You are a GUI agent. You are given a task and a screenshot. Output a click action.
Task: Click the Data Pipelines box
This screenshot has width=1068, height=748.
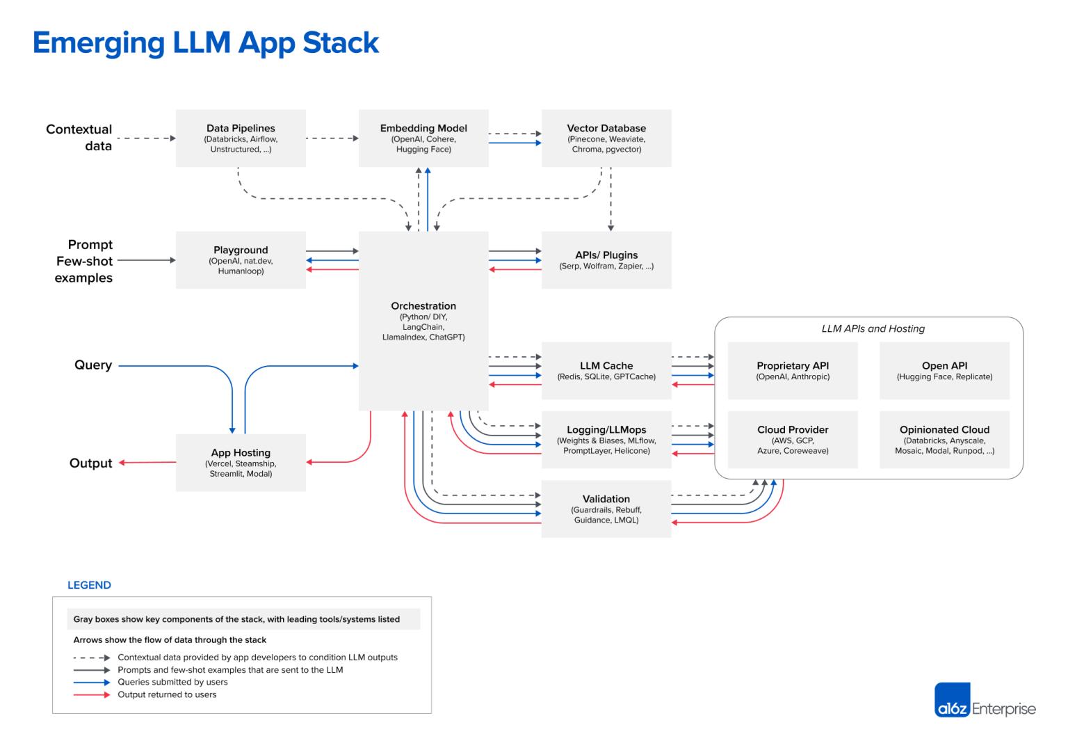[x=241, y=138]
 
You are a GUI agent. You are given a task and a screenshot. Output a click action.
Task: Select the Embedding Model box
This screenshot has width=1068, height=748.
[x=423, y=138]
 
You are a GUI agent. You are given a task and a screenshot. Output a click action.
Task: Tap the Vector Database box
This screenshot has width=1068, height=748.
[x=606, y=138]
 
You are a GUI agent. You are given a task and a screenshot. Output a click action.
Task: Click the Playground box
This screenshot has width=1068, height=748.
[x=241, y=260]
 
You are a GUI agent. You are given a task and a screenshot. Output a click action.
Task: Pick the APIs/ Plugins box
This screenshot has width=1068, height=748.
[x=606, y=260]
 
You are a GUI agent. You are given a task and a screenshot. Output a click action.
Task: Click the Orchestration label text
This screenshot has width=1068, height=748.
[x=423, y=306]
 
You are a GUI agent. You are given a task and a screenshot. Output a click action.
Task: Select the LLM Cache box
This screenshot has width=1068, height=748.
[x=606, y=370]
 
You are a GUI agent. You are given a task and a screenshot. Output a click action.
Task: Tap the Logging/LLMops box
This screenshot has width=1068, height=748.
[x=606, y=440]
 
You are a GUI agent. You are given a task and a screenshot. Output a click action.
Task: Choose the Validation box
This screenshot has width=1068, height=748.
[x=606, y=509]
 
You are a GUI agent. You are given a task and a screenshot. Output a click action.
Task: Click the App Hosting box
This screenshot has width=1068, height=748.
[x=241, y=463]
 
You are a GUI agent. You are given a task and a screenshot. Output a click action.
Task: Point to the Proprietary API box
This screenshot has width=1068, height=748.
[x=793, y=370]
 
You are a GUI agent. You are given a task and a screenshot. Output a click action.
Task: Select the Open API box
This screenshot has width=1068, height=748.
[x=944, y=370]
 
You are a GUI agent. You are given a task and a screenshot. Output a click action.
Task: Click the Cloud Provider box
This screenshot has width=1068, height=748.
[x=793, y=440]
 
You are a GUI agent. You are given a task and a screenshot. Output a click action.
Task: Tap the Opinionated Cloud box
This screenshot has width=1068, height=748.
[x=944, y=440]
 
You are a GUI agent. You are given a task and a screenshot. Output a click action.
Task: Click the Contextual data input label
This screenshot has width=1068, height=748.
[x=79, y=138]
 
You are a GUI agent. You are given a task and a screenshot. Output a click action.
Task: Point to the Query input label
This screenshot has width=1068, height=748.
[x=93, y=365]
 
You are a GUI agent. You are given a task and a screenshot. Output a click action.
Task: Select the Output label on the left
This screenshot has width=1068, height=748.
[x=90, y=463]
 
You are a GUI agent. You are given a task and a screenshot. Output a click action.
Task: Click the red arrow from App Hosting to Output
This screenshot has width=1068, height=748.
[x=147, y=463]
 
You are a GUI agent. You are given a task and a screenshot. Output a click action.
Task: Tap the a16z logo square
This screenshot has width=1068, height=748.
[x=952, y=700]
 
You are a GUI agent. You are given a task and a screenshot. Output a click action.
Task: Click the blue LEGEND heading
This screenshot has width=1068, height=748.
[x=89, y=585]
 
